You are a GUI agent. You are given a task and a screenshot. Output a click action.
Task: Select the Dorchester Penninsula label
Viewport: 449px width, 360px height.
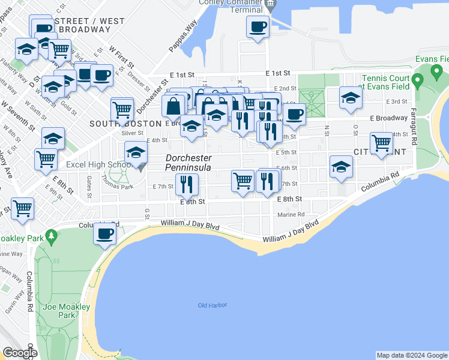click(x=188, y=163)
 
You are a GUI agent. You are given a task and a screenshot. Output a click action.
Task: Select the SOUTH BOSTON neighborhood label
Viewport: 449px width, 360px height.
click(x=125, y=123)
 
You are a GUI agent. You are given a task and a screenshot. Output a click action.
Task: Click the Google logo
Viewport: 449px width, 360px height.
click(x=19, y=353)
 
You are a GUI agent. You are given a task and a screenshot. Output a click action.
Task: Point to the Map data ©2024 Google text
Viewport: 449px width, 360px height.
click(x=412, y=355)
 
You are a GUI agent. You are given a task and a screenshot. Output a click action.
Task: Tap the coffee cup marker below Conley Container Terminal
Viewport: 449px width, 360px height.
click(x=258, y=28)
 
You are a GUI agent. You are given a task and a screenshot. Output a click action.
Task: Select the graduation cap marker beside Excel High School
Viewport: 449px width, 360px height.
click(x=136, y=153)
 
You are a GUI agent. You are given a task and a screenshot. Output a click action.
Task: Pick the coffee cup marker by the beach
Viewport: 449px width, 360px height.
click(x=105, y=233)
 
